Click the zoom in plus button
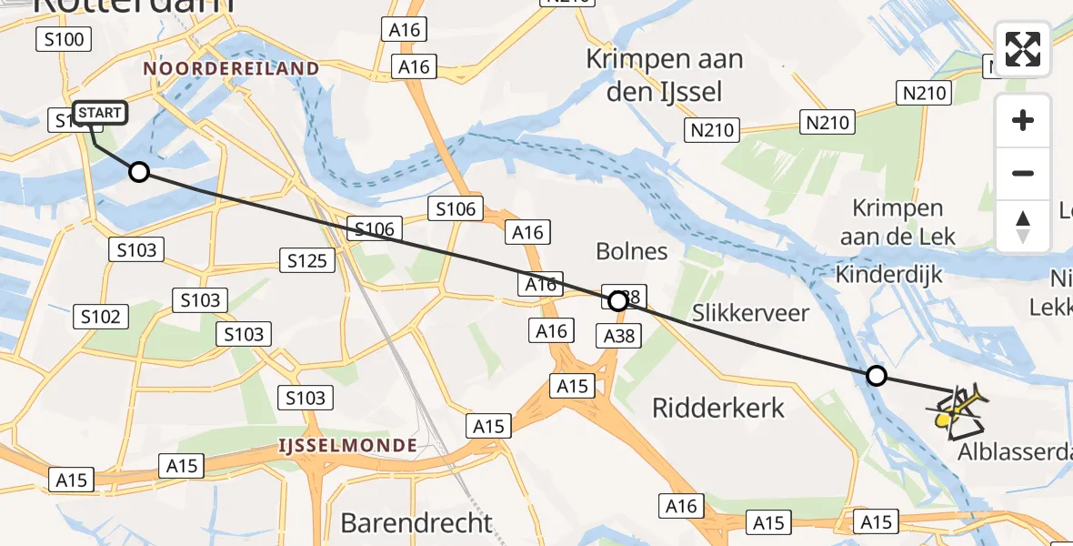pyautogui.click(x=1023, y=120)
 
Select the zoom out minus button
pyautogui.click(x=1023, y=173)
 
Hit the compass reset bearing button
pyautogui.click(x=1023, y=226)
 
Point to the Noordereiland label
pyautogui.click(x=231, y=69)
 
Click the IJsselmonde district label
pyautogui.click(x=348, y=446)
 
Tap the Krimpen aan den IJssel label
pyautogui.click(x=664, y=76)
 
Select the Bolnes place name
pyautogui.click(x=631, y=251)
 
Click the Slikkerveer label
pyautogui.click(x=750, y=314)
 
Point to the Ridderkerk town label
pyautogui.click(x=718, y=407)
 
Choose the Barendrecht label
pyautogui.click(x=416, y=523)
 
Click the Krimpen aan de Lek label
pyautogui.click(x=903, y=222)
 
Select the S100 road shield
pyautogui.click(x=63, y=39)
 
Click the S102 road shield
pyautogui.click(x=100, y=317)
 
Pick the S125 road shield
pyautogui.click(x=306, y=262)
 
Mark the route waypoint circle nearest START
pyautogui.click(x=138, y=171)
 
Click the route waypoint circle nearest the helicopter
pyautogui.click(x=876, y=375)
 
